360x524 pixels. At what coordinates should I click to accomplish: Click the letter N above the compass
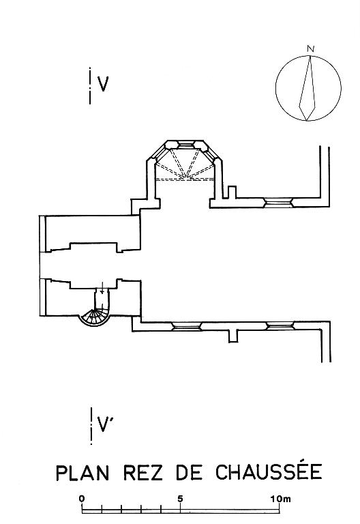coord(311,49)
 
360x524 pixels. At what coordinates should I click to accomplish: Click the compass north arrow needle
coord(308,88)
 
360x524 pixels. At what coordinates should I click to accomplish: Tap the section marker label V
coord(103,84)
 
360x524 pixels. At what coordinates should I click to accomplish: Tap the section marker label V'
coord(105,424)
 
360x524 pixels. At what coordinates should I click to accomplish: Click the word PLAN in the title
coord(82,473)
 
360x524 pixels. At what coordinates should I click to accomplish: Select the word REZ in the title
coord(143,473)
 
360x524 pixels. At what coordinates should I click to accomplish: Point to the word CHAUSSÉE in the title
coord(269,471)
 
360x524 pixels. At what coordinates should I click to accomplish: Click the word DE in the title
coord(190,473)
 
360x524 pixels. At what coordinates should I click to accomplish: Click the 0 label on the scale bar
coord(82,499)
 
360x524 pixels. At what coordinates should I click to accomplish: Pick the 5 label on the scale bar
coord(180,499)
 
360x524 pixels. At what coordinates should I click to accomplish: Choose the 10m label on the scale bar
coord(280,499)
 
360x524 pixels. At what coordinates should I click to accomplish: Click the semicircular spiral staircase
coord(94,317)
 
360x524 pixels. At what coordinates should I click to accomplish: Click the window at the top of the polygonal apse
coord(185,145)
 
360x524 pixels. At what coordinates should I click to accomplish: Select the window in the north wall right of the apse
coord(278,203)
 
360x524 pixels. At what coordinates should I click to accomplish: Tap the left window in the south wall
coord(186,327)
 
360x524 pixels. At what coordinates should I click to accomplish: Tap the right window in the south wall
coord(280,326)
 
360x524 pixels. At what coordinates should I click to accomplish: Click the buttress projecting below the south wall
coord(233,336)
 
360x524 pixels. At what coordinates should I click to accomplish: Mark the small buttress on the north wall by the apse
coord(232,192)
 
